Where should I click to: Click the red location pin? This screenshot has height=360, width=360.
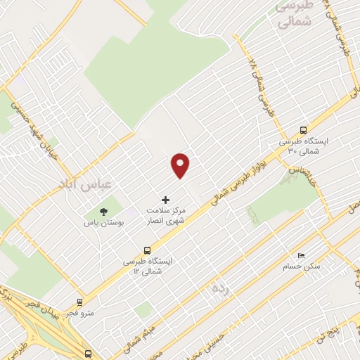[x=181, y=165]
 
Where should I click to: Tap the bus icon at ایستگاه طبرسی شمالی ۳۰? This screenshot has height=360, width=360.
[x=303, y=130]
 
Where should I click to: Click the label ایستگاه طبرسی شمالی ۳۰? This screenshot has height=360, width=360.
[x=303, y=146]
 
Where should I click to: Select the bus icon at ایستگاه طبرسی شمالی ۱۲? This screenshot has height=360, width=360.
[x=147, y=250]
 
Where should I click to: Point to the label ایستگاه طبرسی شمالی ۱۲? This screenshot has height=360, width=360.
[x=147, y=266]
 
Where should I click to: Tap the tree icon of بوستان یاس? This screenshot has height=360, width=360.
[x=104, y=211]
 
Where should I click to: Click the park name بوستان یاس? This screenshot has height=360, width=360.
[x=104, y=222]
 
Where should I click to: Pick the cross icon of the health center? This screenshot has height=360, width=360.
[x=166, y=200]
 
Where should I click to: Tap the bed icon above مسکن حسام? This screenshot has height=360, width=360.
[x=302, y=255]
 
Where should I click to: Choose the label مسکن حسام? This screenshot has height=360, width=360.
[x=302, y=266]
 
